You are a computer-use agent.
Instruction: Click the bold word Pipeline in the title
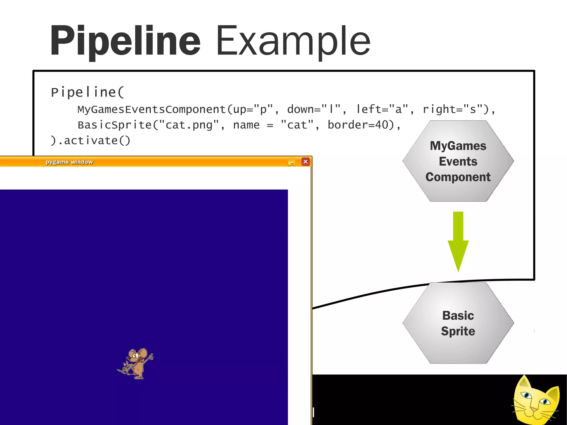[125, 41]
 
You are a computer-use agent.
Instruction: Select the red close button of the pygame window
[305, 162]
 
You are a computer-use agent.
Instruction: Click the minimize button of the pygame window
[291, 162]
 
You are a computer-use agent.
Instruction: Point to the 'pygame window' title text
[69, 162]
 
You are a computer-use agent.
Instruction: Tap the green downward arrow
[458, 241]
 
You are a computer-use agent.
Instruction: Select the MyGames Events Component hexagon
[458, 161]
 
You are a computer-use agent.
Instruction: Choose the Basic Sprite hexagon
[458, 323]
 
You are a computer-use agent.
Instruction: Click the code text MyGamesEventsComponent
[152, 110]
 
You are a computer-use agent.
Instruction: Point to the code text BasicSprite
[114, 125]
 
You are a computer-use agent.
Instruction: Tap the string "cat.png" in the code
[189, 125]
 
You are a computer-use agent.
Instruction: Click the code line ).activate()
[90, 141]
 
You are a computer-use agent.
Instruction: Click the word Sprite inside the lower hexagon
[458, 331]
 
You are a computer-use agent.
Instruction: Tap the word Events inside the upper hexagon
[458, 161]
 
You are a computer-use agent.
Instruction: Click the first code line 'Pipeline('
[87, 92]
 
